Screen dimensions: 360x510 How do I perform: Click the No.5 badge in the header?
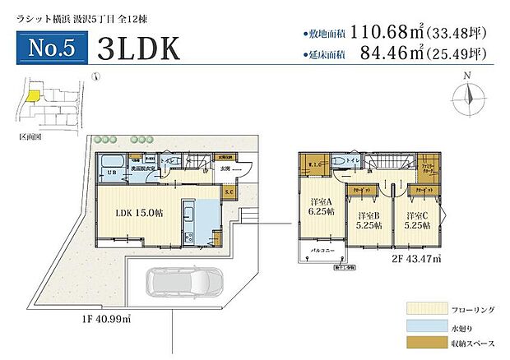click(51, 48)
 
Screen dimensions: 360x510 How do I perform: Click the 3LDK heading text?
click(137, 48)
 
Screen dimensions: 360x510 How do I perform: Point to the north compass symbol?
click(467, 95)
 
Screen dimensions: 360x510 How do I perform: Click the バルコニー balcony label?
click(322, 247)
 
